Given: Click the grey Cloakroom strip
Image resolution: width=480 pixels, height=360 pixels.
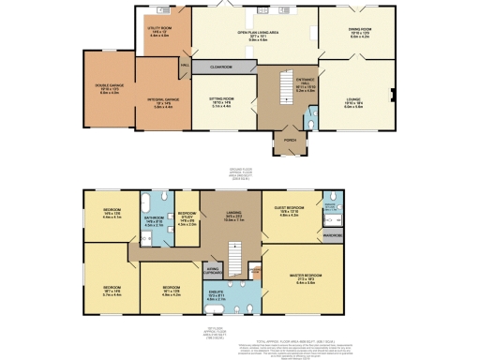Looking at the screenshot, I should point(221,67).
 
